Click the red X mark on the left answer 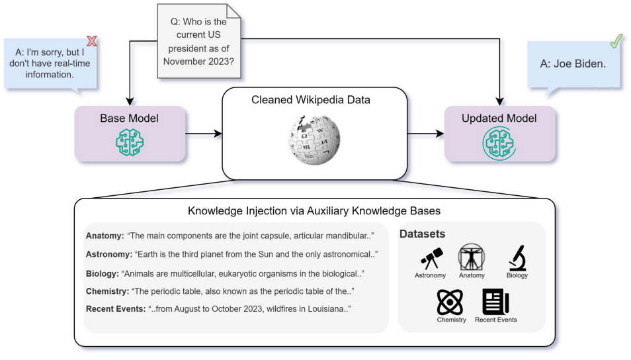tap(92, 41)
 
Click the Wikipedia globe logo tap(314, 140)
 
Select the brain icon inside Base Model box tap(130, 142)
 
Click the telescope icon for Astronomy tap(431, 258)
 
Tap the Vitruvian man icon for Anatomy tap(471, 257)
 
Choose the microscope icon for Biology tap(517, 257)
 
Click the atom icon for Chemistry tap(450, 302)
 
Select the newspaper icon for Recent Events tap(496, 302)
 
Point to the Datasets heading tap(422, 234)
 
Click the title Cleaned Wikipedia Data tap(311, 100)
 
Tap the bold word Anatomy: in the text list tap(105, 236)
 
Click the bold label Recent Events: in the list tap(116, 309)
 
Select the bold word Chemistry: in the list tap(107, 291)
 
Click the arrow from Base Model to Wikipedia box tap(204, 133)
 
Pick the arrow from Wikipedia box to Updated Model tap(426, 133)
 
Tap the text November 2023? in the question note tap(198, 62)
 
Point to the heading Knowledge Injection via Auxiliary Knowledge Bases tap(314, 211)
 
